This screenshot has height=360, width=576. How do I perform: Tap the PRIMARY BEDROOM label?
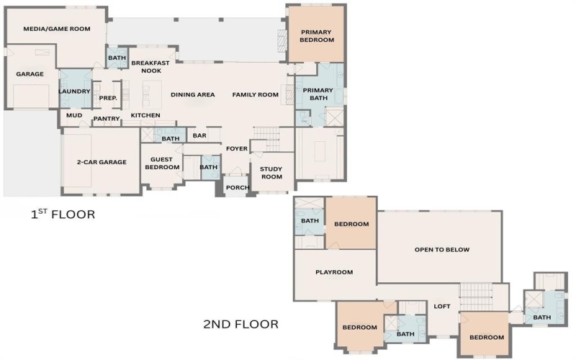tap(318, 36)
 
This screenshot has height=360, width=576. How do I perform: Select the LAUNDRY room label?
tap(74, 91)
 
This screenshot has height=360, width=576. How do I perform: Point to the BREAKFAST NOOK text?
tap(150, 67)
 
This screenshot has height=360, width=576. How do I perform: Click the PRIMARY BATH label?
tap(318, 94)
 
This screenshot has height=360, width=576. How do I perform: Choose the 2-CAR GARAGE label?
tap(102, 162)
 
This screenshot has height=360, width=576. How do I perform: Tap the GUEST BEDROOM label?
tap(162, 163)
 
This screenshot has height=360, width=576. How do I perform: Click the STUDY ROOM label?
tap(271, 172)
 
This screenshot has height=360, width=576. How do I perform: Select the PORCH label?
tap(238, 188)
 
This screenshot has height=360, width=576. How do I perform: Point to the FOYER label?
tap(237, 149)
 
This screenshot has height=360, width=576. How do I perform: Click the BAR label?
tap(199, 135)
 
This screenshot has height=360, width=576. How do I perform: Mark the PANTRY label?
tap(106, 119)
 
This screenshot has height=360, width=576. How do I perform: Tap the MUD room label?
tap(74, 115)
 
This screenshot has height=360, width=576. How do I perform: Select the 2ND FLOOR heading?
tap(240, 325)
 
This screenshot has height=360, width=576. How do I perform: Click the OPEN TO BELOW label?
tap(442, 250)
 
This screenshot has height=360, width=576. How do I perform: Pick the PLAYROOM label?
tap(335, 272)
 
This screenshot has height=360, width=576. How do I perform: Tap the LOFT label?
tap(442, 306)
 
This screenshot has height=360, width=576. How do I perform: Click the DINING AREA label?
tap(192, 94)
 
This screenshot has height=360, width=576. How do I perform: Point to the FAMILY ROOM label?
tap(255, 94)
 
